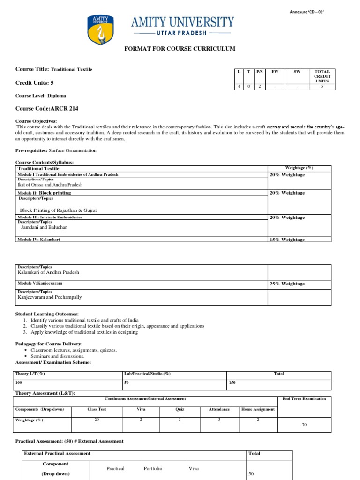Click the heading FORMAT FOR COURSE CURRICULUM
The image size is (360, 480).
pyautogui.click(x=180, y=49)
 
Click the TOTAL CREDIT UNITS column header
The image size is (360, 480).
pyautogui.click(x=322, y=76)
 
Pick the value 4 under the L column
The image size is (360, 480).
pyautogui.click(x=239, y=86)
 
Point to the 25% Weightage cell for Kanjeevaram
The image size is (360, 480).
pyautogui.click(x=287, y=284)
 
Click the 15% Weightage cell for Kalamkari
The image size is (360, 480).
pyautogui.click(x=287, y=240)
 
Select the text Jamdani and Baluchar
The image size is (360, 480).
pyautogui.click(x=44, y=227)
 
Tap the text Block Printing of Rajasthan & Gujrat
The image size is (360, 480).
pyautogui.click(x=59, y=210)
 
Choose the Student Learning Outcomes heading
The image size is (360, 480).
pyautogui.click(x=47, y=314)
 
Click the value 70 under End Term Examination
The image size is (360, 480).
pyautogui.click(x=305, y=424)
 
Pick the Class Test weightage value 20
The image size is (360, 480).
pyautogui.click(x=97, y=420)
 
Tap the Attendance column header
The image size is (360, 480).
pyautogui.click(x=219, y=409)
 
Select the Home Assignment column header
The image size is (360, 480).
pyautogui.click(x=258, y=409)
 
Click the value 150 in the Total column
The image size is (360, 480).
pyautogui.click(x=232, y=383)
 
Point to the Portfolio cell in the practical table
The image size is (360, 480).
pyautogui.click(x=153, y=468)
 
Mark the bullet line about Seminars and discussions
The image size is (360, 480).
pyautogui.click(x=57, y=356)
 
